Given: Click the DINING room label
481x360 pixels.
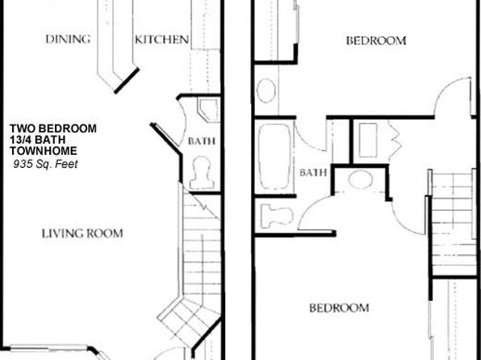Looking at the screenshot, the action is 68,39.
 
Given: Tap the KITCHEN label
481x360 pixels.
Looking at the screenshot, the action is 161,40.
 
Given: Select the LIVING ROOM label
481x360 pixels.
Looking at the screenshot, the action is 82,233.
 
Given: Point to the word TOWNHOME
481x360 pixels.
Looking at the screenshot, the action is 44,151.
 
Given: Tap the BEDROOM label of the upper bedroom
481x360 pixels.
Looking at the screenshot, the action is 376,40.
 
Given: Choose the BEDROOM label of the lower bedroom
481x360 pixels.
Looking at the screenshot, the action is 339,308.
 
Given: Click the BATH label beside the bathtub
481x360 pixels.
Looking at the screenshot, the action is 313,173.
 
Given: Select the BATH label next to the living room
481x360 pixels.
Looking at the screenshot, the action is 201,141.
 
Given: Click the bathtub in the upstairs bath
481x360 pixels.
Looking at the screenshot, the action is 274,157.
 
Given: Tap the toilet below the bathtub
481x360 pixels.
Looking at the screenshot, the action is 276,216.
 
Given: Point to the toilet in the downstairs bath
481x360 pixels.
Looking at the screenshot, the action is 202,173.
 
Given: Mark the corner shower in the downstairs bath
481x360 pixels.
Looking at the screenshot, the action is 208,110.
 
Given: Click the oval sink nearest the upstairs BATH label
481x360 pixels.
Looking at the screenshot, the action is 361,179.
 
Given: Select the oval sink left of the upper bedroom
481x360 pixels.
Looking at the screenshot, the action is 266,90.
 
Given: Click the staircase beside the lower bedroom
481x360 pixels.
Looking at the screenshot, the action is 453,224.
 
